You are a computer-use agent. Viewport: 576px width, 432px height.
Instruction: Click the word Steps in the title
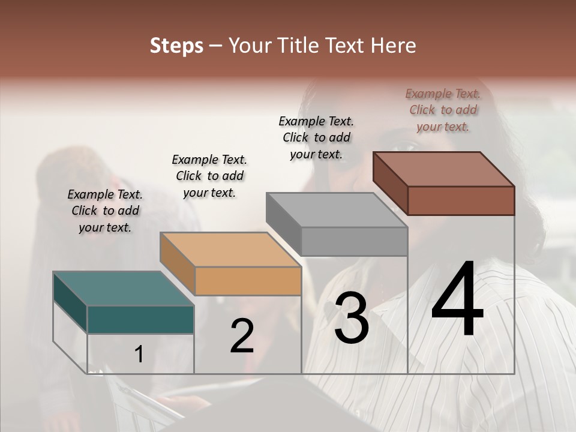click(x=176, y=46)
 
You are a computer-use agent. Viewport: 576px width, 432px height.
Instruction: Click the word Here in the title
click(x=392, y=46)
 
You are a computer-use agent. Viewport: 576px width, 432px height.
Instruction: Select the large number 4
click(x=458, y=300)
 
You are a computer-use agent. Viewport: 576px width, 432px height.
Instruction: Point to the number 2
click(x=242, y=336)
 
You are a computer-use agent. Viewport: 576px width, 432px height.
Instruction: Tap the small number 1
click(x=139, y=354)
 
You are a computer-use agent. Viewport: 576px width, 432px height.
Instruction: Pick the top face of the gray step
click(x=337, y=210)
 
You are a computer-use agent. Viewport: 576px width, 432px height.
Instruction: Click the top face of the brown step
click(x=444, y=169)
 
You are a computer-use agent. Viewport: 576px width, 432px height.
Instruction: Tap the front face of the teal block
click(x=140, y=319)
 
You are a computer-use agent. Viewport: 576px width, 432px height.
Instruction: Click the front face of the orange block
click(x=248, y=281)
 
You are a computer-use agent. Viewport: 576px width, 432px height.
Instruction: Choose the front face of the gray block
click(x=355, y=242)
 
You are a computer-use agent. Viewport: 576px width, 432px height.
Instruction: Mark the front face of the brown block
click(x=461, y=200)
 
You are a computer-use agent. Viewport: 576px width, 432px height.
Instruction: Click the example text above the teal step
click(x=105, y=211)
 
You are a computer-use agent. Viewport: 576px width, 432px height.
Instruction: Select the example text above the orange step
click(x=209, y=176)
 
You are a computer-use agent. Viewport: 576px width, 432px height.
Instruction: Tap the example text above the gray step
click(x=316, y=137)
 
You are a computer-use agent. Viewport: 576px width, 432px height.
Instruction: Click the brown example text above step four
click(x=443, y=110)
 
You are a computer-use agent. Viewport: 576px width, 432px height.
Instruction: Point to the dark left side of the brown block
click(x=390, y=183)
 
